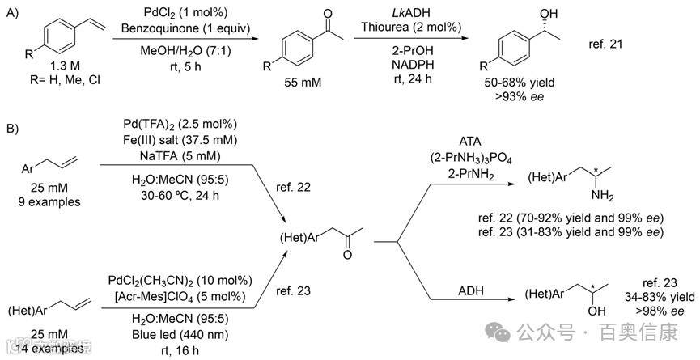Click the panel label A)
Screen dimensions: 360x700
[14, 12]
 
